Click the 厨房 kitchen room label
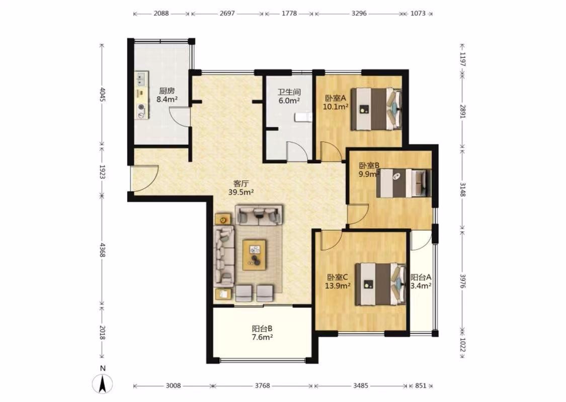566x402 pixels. pos(167,91)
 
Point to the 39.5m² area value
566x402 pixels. pos(241,192)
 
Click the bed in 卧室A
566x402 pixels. pos(376,109)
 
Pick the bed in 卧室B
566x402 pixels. pos(404,183)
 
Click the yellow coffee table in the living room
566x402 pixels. pos(255,255)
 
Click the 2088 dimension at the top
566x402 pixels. pos(161,14)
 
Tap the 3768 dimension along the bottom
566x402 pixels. pos(263,386)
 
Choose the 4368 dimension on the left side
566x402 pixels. pos(103,250)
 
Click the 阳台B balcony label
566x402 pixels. pos(262,329)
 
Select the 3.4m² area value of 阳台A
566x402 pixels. pos(421,286)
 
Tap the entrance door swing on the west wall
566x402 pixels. pos(144,178)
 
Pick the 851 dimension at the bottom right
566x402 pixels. pos(421,386)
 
